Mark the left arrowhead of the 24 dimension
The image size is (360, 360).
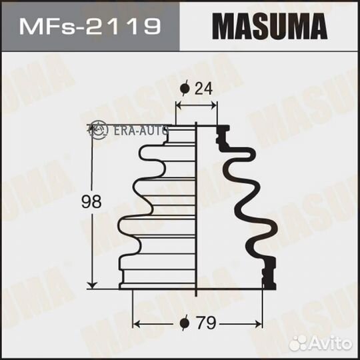coord(178,104)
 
